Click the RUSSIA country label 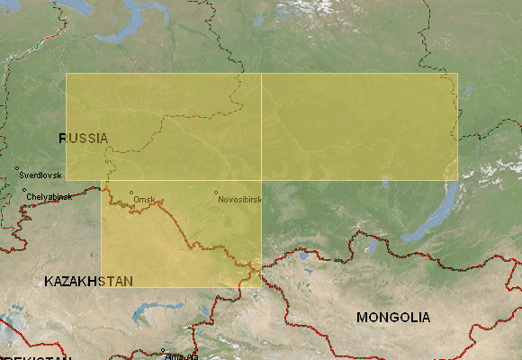click(83, 138)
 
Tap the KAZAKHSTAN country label click(88, 282)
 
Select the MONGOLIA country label click(392, 318)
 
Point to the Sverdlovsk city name click(40, 174)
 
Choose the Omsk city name click(144, 199)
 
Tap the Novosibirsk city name click(240, 200)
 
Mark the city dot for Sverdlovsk click(16, 168)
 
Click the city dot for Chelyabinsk click(23, 190)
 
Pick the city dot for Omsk click(131, 193)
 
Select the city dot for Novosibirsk click(216, 193)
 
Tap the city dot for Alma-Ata click(163, 350)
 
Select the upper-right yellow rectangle click(359, 126)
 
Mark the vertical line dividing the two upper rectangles click(261, 126)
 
